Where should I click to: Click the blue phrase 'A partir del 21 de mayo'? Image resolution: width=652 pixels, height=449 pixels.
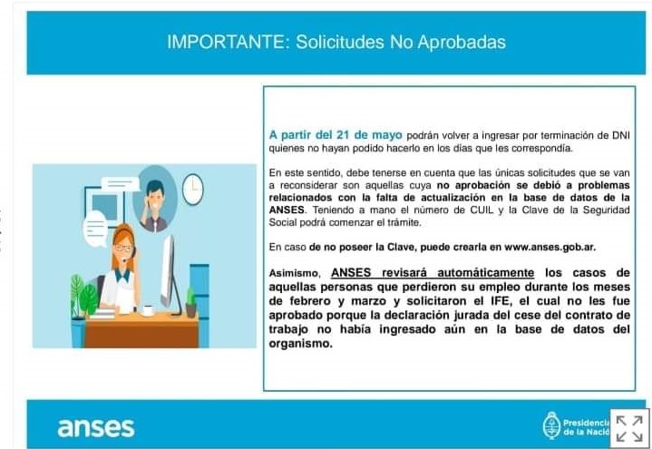336,135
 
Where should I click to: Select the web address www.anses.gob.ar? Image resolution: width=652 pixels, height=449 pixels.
550,248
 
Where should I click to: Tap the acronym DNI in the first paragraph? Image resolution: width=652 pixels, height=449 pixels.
621,136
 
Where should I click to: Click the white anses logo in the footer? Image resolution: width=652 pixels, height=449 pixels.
96,428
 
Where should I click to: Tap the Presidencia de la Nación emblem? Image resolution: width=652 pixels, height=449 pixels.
552,425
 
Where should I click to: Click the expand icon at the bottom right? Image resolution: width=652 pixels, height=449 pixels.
629,428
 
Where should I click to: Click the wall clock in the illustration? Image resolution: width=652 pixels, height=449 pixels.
193,190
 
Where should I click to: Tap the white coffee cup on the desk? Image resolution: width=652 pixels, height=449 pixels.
148,310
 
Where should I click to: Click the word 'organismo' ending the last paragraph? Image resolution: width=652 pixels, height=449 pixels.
301,344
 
